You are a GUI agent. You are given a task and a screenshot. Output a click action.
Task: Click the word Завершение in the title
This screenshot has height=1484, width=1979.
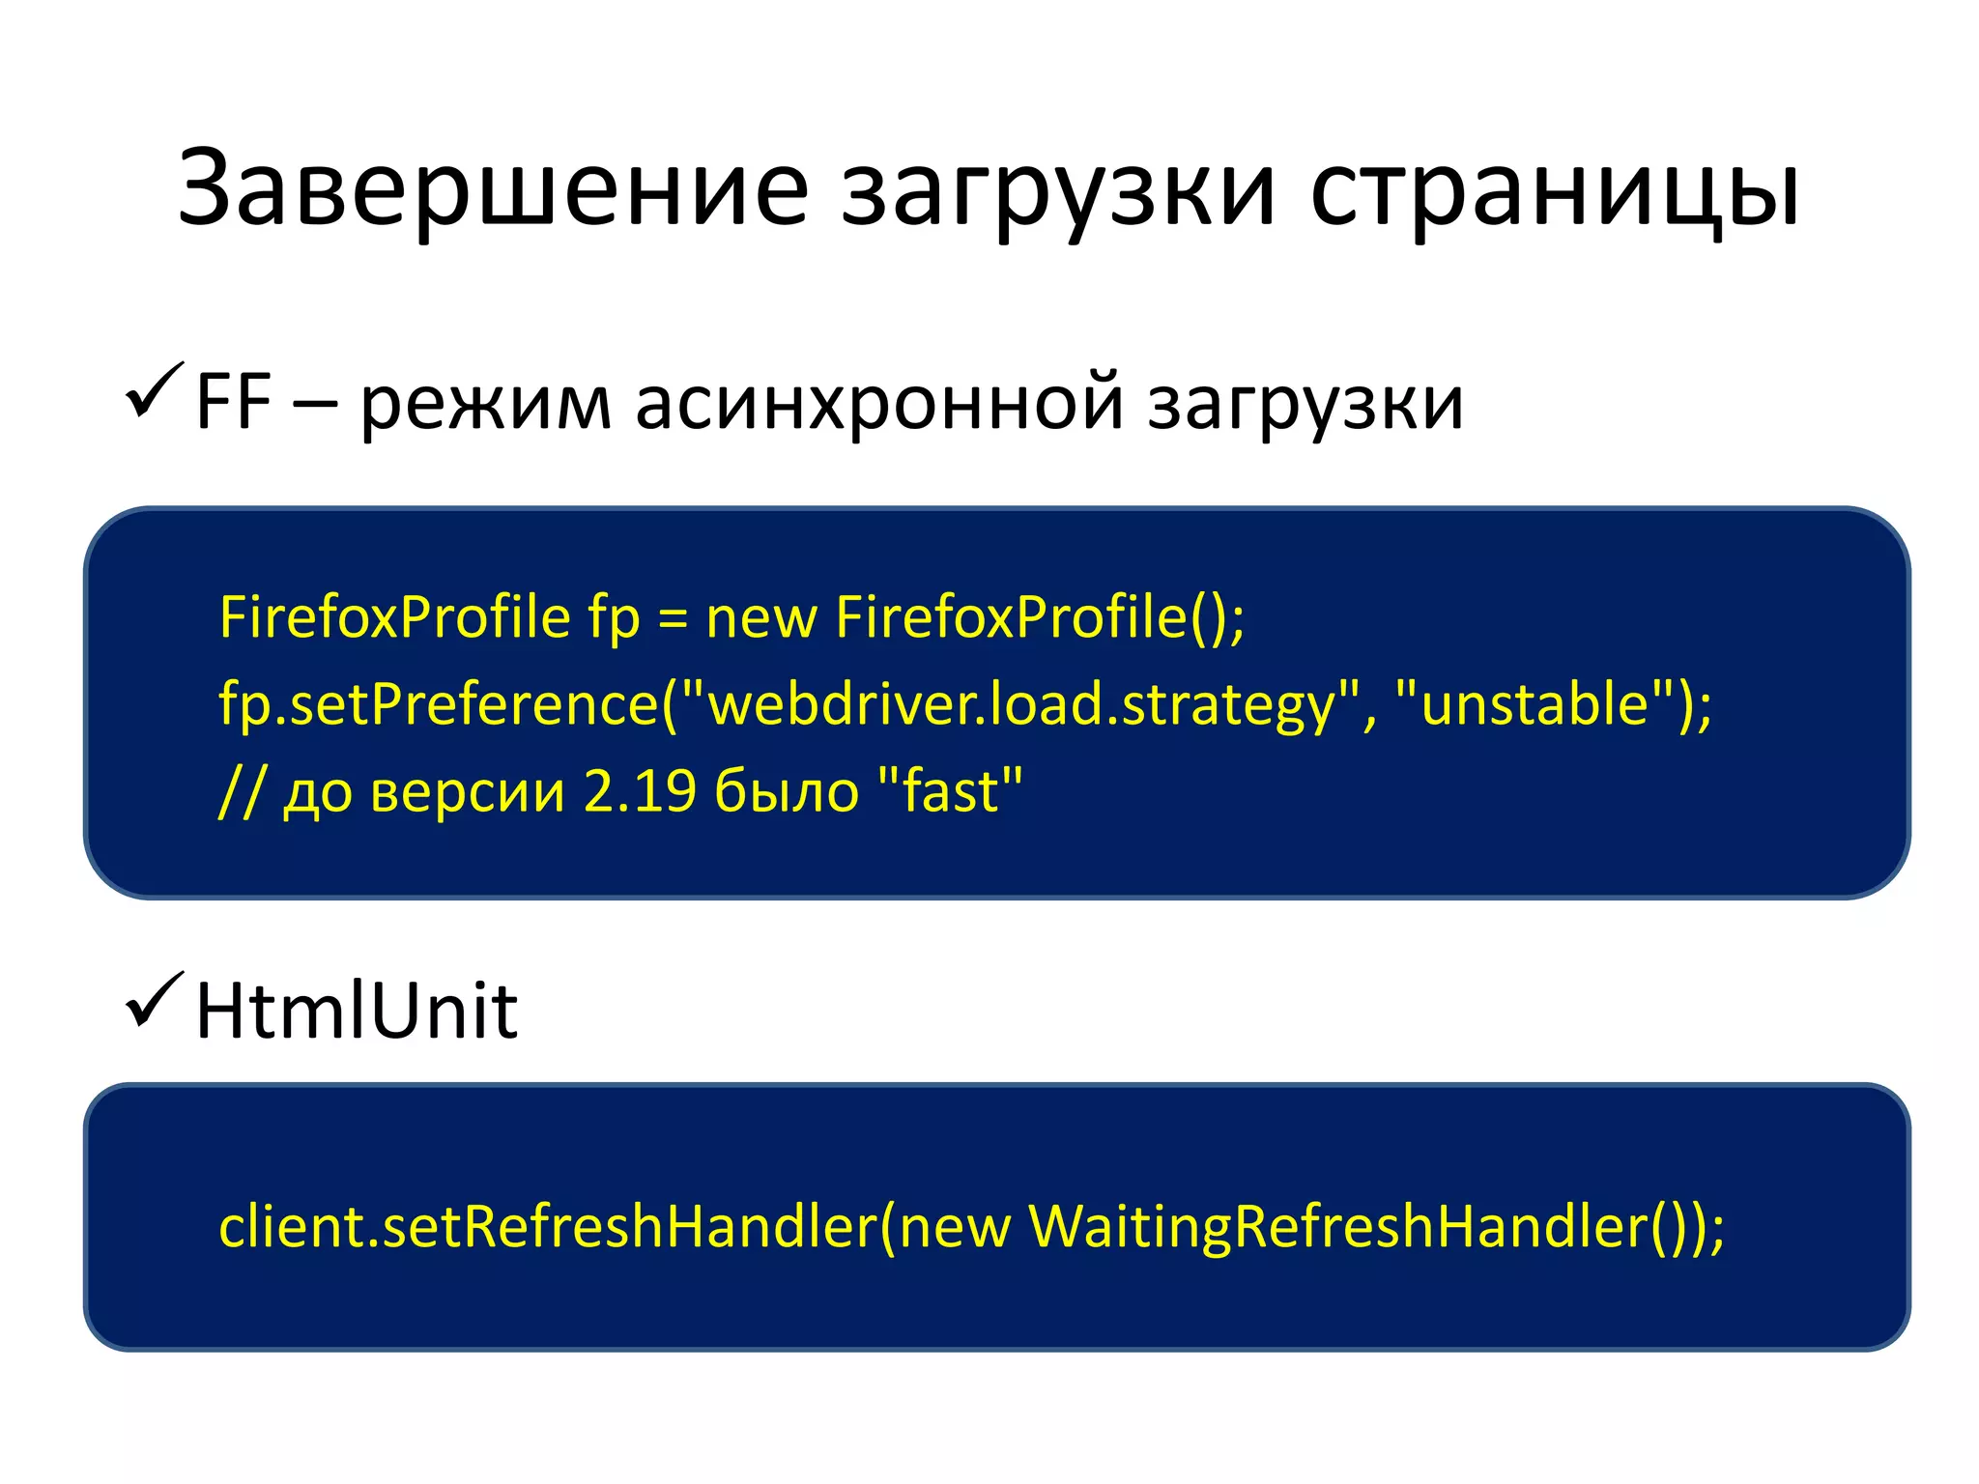pyautogui.click(x=493, y=188)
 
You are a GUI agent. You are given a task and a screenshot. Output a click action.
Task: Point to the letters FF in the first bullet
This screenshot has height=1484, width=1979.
pyautogui.click(x=233, y=401)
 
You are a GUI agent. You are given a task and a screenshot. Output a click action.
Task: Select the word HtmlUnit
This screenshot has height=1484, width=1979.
pyautogui.click(x=357, y=1011)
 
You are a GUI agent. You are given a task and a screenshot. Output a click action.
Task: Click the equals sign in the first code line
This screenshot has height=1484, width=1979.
pyautogui.click(x=673, y=618)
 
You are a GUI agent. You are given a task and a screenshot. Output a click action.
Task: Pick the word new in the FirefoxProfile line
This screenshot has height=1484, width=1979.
pyautogui.click(x=761, y=618)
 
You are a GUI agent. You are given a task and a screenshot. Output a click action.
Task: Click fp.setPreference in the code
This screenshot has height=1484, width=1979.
pyautogui.click(x=439, y=703)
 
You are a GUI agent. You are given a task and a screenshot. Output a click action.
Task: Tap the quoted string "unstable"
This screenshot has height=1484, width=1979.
pyautogui.click(x=1535, y=703)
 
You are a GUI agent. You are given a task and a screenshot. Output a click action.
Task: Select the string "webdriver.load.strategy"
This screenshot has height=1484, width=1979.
pyautogui.click(x=1020, y=703)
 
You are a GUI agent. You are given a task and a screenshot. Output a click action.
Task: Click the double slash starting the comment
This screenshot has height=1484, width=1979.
pyautogui.click(x=239, y=792)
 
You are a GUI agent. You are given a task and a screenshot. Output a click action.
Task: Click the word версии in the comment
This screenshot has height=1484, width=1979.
pyautogui.click(x=468, y=792)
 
